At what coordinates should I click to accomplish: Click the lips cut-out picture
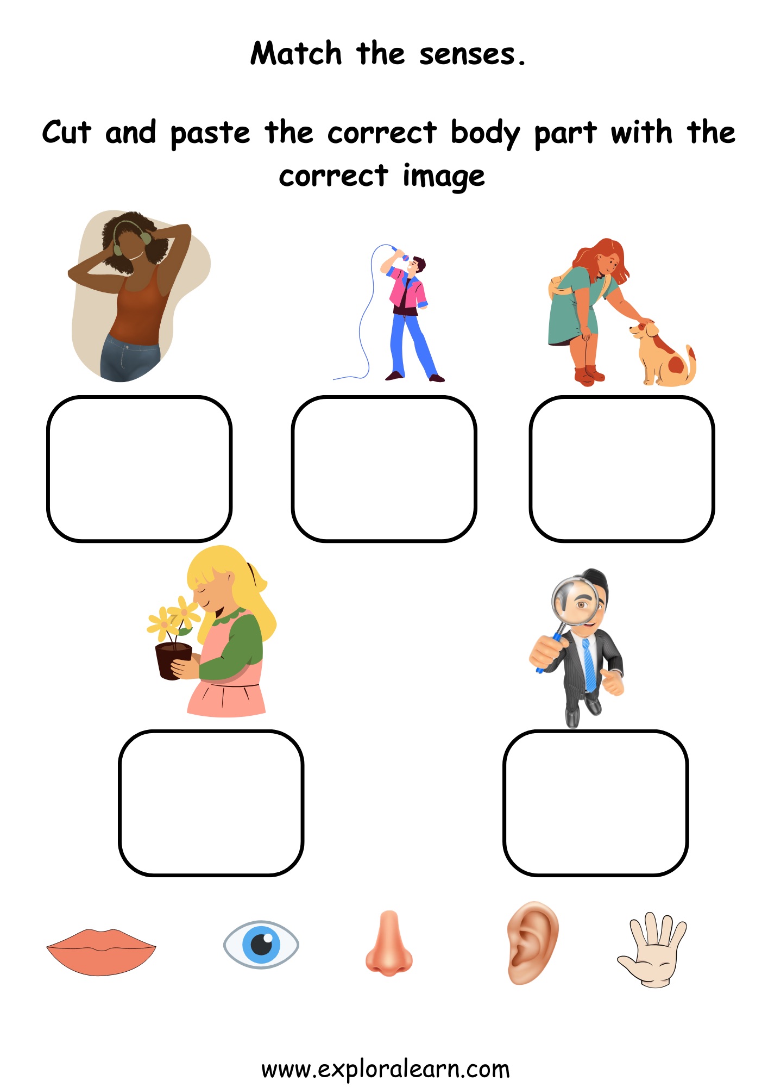[101, 951]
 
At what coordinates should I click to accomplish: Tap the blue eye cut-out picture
[261, 945]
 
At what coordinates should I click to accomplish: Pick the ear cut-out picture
[532, 942]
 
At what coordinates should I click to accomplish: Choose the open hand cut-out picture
[653, 949]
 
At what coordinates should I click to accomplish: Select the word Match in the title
[296, 54]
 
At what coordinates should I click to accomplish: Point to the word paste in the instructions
[210, 134]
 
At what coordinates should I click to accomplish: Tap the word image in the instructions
[443, 177]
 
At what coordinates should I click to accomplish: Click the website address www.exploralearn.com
[385, 1069]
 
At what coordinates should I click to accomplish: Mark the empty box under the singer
[384, 469]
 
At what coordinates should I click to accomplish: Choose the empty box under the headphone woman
[140, 469]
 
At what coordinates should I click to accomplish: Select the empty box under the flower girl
[211, 803]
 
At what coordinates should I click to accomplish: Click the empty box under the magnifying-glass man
[596, 803]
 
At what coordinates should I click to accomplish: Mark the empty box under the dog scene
[622, 469]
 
